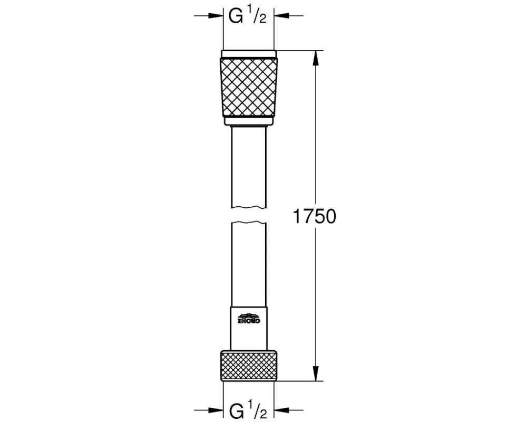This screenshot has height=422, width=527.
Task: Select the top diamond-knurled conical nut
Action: tap(249, 87)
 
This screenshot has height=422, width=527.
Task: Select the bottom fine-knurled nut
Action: tap(249, 365)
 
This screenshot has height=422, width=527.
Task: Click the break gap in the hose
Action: tap(249, 215)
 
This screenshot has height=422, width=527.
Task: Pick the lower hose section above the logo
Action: tap(249, 264)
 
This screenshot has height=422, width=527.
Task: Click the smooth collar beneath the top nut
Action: tap(249, 122)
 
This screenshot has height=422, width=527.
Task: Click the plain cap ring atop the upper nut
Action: tap(249, 54)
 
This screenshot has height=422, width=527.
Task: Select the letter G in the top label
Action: tap(236, 17)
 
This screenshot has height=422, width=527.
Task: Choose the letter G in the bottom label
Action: tap(236, 409)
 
